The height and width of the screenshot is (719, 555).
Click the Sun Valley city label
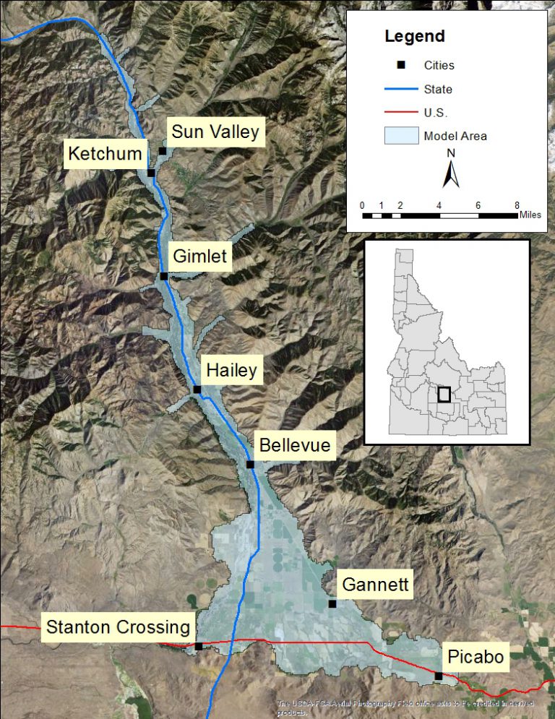point(215,132)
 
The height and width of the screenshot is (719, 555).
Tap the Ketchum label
point(105,154)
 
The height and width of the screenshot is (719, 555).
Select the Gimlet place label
point(199,256)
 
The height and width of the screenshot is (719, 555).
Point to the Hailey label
point(231,371)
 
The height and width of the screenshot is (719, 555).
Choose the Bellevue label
point(295,444)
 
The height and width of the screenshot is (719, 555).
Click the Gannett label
point(375,584)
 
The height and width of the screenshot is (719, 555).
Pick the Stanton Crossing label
point(118,627)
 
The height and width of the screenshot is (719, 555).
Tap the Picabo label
point(475,657)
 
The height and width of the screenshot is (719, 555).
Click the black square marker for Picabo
point(439,676)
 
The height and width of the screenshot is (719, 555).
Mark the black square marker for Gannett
point(332,603)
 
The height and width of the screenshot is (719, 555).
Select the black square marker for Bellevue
point(250,465)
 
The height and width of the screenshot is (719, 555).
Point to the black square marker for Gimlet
point(164,276)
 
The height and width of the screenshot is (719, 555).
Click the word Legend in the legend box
point(415,37)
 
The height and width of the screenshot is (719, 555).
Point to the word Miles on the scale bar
point(529,215)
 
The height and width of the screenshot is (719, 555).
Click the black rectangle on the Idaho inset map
point(444,394)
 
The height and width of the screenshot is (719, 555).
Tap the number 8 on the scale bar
point(517,205)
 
